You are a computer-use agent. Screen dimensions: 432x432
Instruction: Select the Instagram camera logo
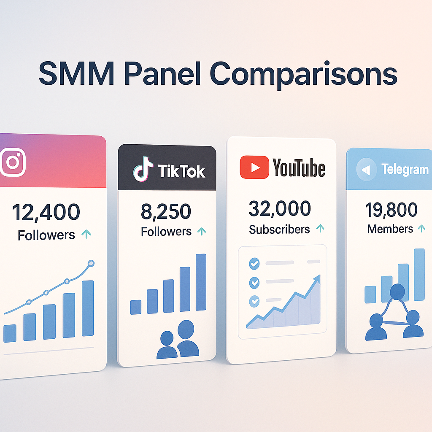[x=13, y=162]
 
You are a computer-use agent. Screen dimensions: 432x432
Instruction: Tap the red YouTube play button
[x=254, y=167]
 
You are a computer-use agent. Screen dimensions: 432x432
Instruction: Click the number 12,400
[x=46, y=212]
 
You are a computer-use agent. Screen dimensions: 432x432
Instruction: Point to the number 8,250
[x=166, y=212]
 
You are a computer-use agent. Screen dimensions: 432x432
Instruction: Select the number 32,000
[x=280, y=208]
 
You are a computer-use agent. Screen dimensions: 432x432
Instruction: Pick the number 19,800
[x=392, y=210]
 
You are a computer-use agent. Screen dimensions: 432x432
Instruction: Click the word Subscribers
[x=279, y=229]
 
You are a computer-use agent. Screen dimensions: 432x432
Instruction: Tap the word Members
[x=390, y=229]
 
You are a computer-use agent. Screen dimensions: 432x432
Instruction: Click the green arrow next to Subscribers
[x=320, y=229]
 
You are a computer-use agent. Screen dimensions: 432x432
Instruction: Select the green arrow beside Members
[x=421, y=229]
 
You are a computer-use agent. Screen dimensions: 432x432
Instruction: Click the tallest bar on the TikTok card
[x=201, y=281]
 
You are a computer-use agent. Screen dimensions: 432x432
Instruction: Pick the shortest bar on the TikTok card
[x=136, y=307]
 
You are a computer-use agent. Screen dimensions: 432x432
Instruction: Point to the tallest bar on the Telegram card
[x=419, y=274]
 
